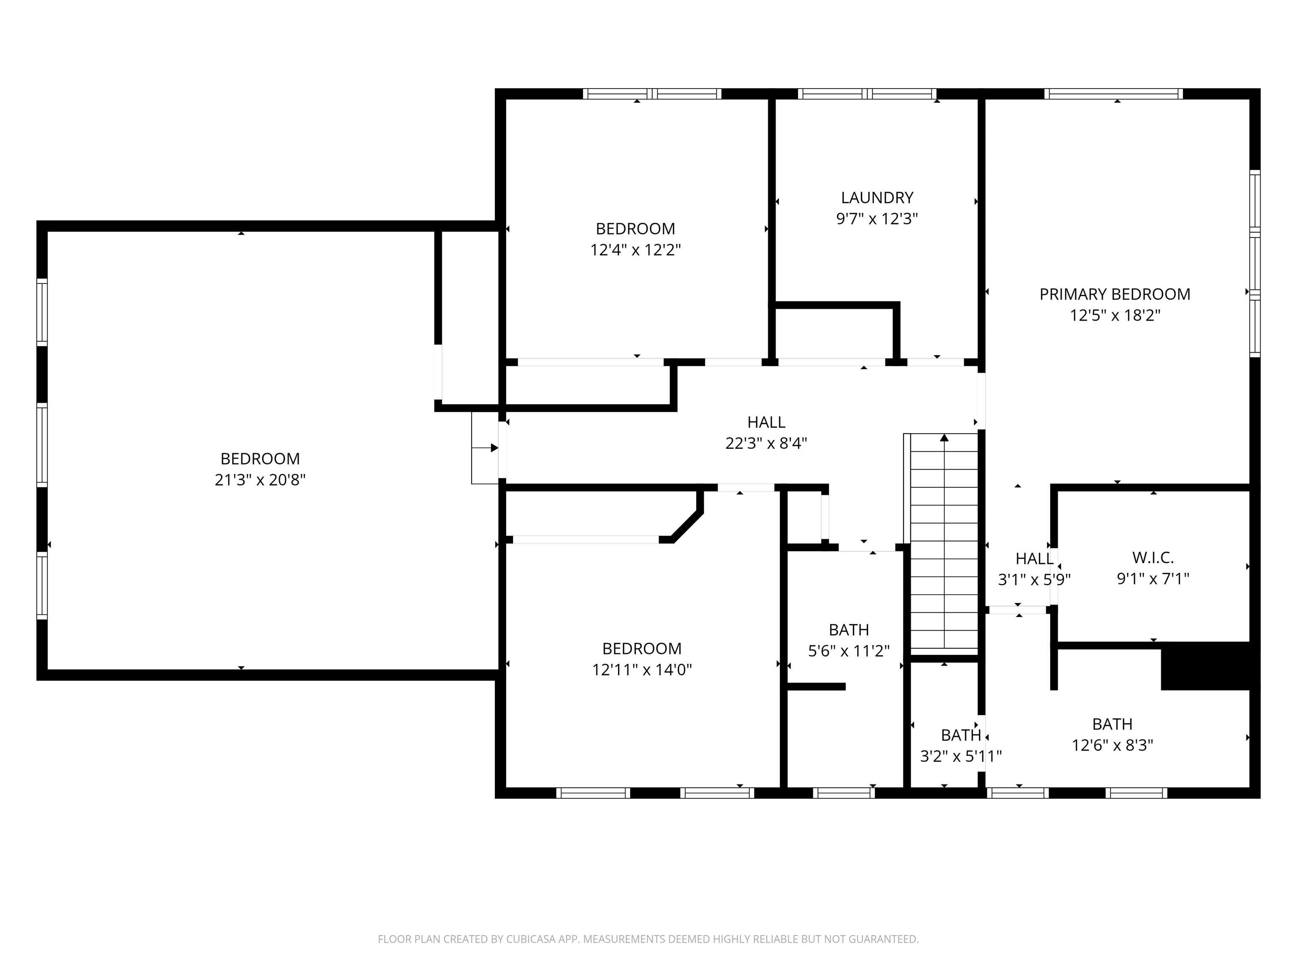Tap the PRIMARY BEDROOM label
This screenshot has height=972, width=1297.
1115,294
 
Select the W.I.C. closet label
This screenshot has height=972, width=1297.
1152,557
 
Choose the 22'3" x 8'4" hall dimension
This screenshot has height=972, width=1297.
766,443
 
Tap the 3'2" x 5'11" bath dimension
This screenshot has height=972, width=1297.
961,756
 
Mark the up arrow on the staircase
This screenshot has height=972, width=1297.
944,439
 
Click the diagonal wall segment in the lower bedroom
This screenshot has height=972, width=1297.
686,526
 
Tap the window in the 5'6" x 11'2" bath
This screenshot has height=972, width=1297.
843,793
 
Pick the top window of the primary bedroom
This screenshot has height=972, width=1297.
1113,94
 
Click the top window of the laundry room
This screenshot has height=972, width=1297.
867,94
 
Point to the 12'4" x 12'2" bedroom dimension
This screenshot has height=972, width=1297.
635,250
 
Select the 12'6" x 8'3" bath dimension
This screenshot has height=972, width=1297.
1112,745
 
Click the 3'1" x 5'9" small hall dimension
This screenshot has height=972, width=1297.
1034,580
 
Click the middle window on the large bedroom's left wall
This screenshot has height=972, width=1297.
42,444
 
